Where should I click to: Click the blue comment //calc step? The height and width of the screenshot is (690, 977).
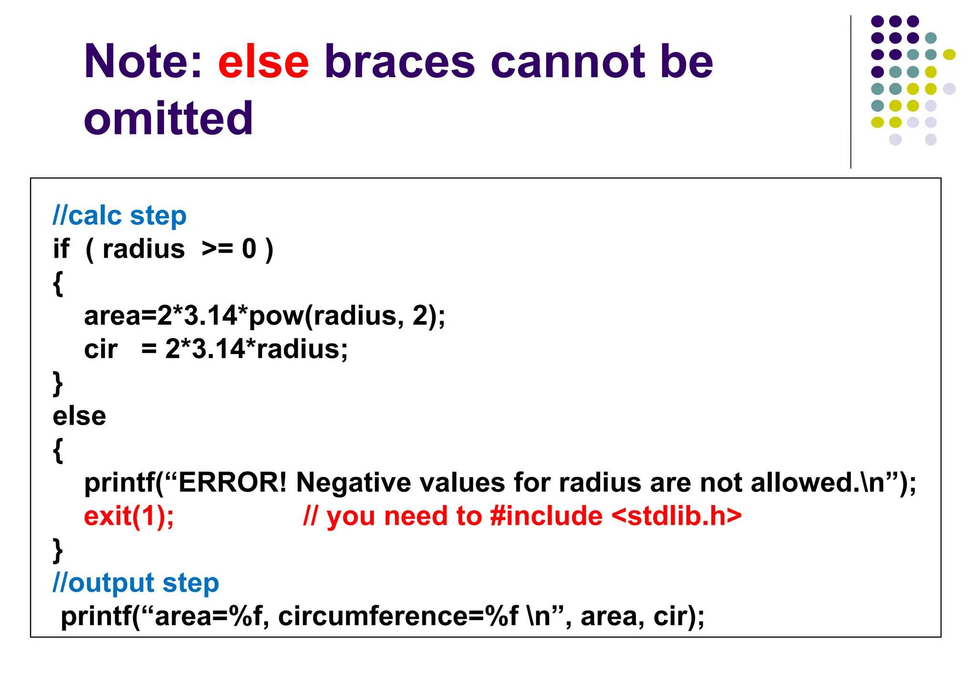click(119, 216)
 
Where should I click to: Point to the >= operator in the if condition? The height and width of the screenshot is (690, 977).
click(217, 249)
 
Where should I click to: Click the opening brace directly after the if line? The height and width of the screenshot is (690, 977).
click(58, 283)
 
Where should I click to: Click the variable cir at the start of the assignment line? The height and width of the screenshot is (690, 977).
click(101, 349)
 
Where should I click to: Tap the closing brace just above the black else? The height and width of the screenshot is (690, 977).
click(58, 383)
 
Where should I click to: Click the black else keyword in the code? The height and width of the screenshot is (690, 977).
click(79, 416)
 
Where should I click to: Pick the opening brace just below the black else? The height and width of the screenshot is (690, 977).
click(58, 450)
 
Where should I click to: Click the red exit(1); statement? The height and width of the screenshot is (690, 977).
click(129, 516)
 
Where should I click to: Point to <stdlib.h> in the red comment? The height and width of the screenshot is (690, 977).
click(676, 516)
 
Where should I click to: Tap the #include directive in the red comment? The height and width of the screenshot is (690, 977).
click(546, 516)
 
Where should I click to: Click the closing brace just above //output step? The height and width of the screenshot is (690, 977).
click(58, 550)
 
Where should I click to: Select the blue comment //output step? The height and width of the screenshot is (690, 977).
click(135, 583)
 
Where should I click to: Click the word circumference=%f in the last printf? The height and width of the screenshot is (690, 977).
click(398, 617)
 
